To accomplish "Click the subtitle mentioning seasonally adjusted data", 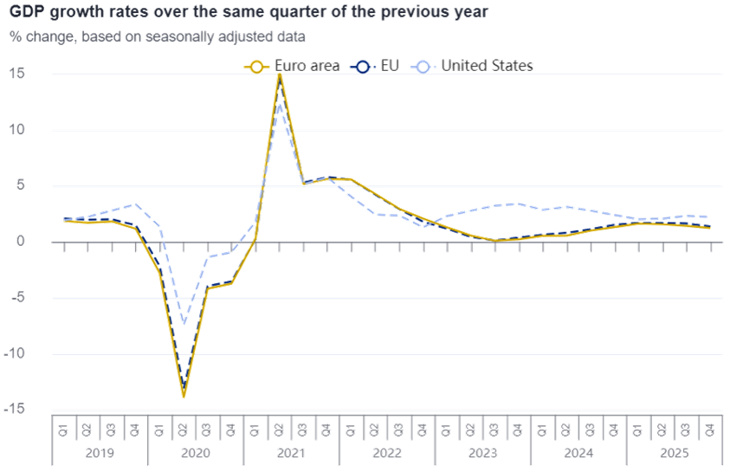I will [159, 38].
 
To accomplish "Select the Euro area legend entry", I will [289, 66].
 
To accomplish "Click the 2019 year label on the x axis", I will [100, 453].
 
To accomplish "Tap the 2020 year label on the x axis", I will [196, 453].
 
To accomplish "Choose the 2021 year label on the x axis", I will [292, 453].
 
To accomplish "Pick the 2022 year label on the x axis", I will [387, 453].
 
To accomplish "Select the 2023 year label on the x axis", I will [482, 453].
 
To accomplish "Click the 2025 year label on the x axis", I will [674, 453].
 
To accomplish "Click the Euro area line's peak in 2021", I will [280, 74].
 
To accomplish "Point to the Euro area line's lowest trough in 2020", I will [184, 397].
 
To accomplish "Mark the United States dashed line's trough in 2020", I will [184, 323].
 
